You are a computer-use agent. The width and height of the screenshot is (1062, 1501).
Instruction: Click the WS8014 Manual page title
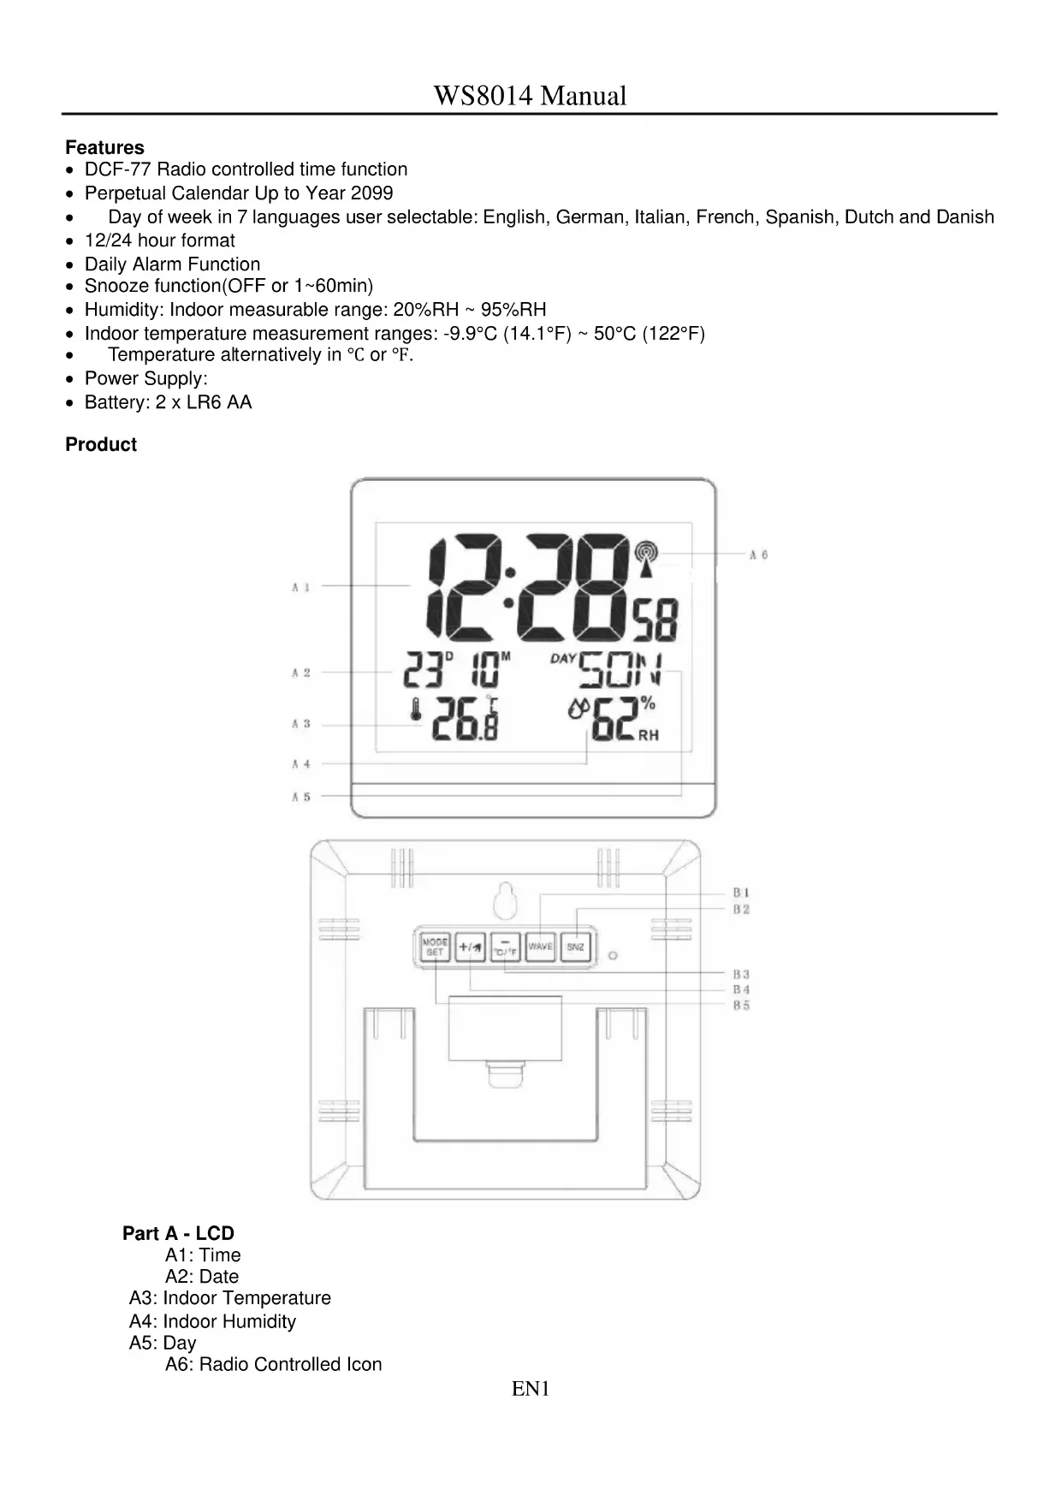530,96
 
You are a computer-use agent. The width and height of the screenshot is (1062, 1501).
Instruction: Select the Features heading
104,147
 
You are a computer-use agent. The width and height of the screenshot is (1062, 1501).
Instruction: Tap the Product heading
101,444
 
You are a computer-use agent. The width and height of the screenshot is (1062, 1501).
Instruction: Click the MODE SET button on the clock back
435,946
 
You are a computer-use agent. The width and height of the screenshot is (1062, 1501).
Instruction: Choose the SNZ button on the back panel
576,946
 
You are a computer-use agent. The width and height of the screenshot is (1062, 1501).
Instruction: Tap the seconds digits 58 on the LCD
656,620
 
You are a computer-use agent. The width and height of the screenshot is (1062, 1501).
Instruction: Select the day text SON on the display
620,670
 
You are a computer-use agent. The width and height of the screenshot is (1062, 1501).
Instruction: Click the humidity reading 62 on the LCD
613,721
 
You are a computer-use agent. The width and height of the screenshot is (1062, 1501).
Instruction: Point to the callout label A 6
758,555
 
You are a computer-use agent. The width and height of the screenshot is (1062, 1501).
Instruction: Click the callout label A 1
300,587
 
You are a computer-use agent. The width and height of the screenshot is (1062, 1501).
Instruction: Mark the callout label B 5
741,1006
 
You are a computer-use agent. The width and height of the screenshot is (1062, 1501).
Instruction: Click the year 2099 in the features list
371,193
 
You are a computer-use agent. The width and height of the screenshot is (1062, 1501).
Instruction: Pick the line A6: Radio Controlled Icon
273,1364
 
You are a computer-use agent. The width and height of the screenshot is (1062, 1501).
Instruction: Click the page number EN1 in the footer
531,1389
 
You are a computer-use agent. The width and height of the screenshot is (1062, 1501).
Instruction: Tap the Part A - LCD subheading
178,1233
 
